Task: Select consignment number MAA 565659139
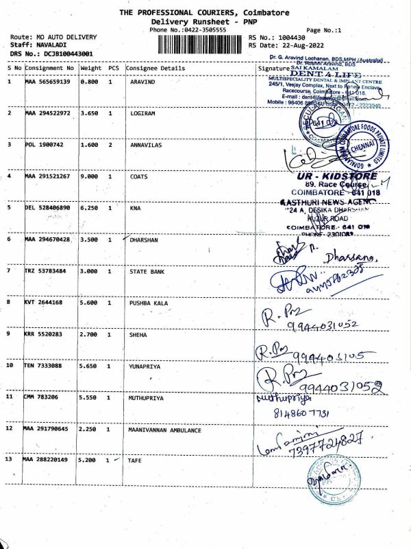click(47, 82)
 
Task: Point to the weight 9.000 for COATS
click(90, 176)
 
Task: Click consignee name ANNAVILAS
click(146, 145)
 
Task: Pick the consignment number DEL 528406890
click(47, 207)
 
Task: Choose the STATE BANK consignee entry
click(147, 271)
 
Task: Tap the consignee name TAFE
click(136, 460)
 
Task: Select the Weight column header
click(91, 68)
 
